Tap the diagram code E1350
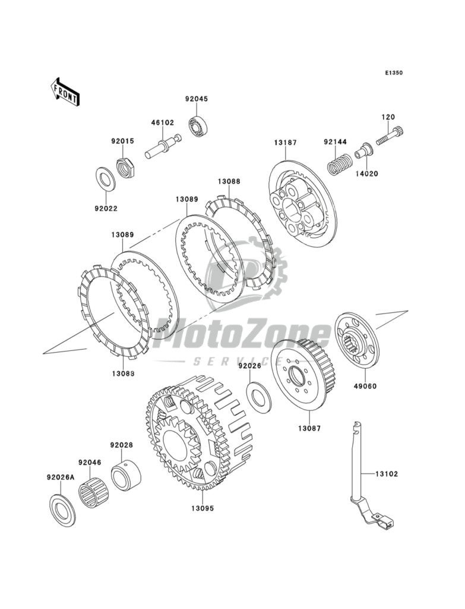pos(394,73)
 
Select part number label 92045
pos(195,99)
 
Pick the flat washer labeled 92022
pos(105,177)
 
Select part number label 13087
pos(309,428)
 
